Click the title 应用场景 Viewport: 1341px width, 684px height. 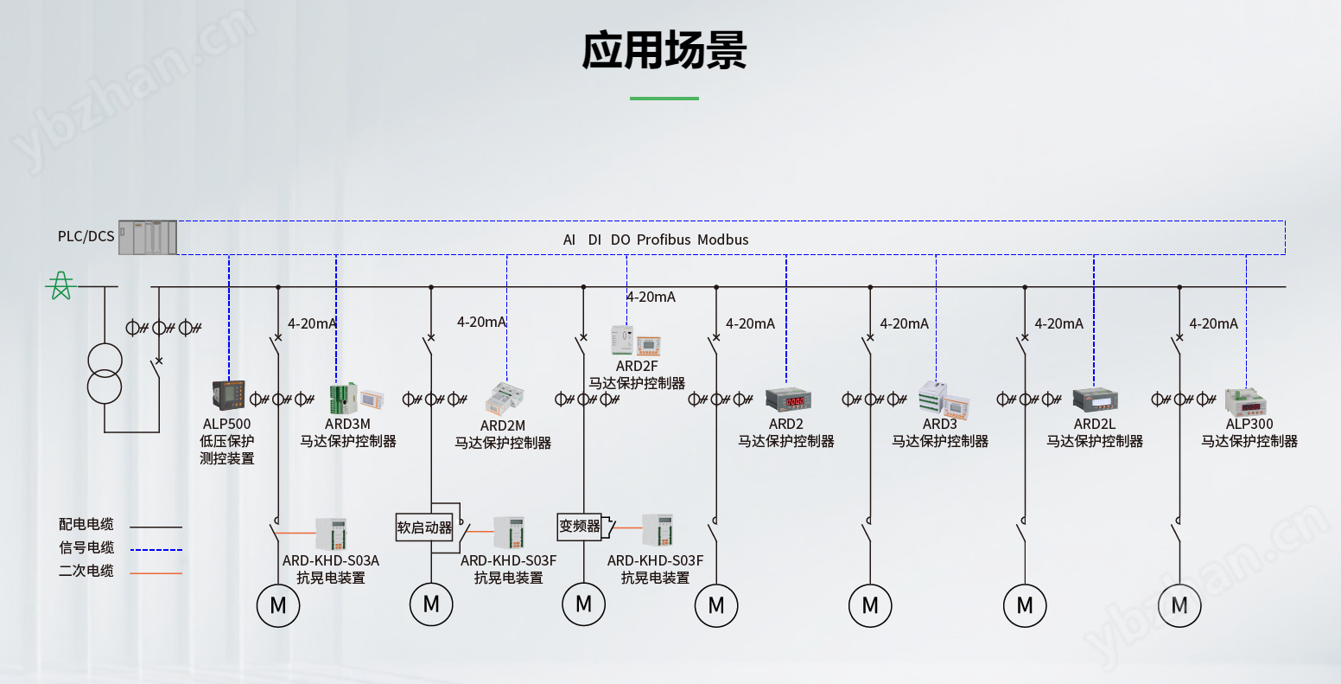pos(664,49)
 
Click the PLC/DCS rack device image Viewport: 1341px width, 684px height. pos(148,237)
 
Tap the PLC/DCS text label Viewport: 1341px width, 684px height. pos(86,236)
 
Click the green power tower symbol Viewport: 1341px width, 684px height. pos(60,285)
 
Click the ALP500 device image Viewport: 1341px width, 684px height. pos(229,395)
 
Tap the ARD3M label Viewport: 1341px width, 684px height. pos(347,424)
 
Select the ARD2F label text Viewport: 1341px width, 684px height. pos(637,366)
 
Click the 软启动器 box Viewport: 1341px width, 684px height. pos(424,527)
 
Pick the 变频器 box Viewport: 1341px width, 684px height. pos(579,526)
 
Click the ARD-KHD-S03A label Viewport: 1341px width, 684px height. pos(331,560)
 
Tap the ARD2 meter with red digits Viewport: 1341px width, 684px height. pos(787,400)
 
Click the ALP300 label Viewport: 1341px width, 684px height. pos(1249,424)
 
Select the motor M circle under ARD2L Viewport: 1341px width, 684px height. pos(1025,605)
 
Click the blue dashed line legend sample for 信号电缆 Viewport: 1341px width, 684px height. pos(156,549)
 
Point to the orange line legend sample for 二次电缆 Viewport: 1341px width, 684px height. pos(156,572)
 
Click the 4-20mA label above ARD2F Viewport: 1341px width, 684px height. pos(651,297)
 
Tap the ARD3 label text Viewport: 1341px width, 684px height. pos(939,424)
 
